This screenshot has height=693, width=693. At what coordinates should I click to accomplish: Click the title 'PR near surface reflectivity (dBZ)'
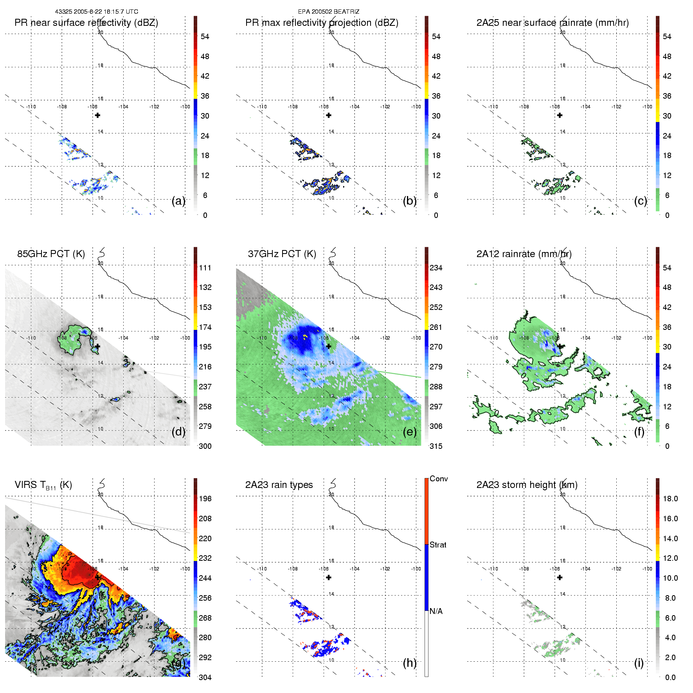click(86, 23)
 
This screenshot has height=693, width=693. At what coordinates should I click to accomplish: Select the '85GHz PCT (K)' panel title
click(51, 254)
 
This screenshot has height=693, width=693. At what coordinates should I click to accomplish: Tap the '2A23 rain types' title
click(279, 485)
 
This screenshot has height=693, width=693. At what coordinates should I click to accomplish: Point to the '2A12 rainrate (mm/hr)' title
click(524, 254)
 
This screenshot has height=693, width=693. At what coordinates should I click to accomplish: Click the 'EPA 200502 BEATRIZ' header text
click(328, 12)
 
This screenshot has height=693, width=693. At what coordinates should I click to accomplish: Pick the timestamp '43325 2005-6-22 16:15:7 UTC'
click(96, 12)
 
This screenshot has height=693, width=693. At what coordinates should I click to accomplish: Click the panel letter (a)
click(178, 201)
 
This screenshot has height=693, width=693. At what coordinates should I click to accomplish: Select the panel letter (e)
click(409, 432)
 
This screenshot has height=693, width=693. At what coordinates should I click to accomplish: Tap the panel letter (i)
click(639, 663)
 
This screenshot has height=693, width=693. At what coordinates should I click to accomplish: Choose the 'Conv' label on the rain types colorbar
click(438, 479)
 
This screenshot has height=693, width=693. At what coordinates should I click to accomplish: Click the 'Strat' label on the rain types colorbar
click(438, 545)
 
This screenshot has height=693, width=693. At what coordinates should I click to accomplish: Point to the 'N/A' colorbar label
click(436, 611)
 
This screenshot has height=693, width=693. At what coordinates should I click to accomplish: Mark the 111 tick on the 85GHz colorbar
click(205, 268)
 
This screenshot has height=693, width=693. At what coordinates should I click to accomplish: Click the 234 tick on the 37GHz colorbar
click(436, 268)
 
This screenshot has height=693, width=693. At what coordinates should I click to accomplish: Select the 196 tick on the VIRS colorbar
click(205, 499)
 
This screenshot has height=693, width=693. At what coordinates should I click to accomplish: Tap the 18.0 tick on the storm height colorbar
click(670, 499)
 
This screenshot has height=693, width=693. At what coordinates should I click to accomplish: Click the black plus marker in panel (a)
click(97, 115)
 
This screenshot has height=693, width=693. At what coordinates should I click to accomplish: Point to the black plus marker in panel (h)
click(329, 578)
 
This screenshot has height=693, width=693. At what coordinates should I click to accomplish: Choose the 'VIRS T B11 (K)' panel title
click(43, 485)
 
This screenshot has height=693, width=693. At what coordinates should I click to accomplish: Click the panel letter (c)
click(640, 201)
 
